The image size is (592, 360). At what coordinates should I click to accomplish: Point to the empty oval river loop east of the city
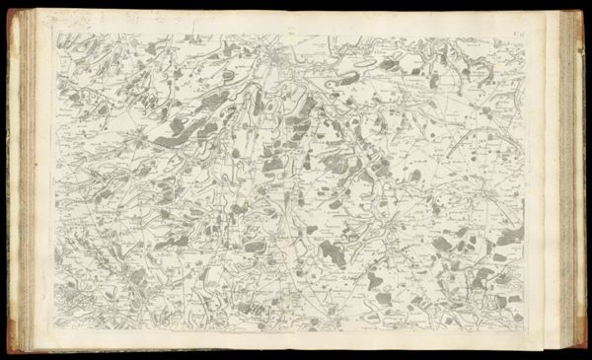coord(360,63)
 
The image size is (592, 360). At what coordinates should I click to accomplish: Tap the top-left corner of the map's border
coord(56,33)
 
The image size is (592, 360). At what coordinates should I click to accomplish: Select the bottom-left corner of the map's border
coord(56,325)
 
